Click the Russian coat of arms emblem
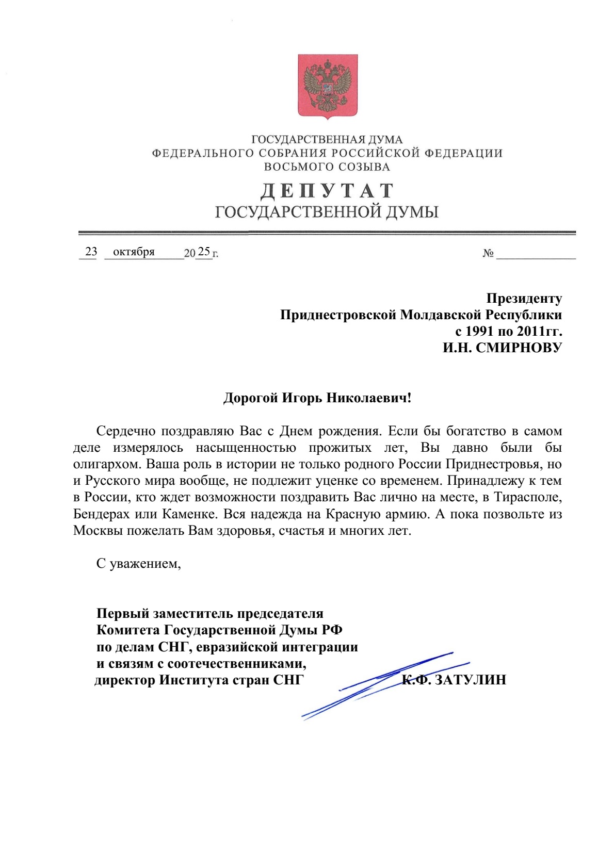click(x=327, y=87)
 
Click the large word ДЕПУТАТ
click(x=327, y=191)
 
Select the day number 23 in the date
click(x=91, y=252)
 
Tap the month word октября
click(x=134, y=252)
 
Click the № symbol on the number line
click(x=488, y=253)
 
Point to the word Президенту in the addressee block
click(x=524, y=299)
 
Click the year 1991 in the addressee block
click(x=479, y=331)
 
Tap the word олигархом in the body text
click(x=106, y=464)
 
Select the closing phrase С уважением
click(x=138, y=564)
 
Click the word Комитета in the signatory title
click(x=128, y=630)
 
